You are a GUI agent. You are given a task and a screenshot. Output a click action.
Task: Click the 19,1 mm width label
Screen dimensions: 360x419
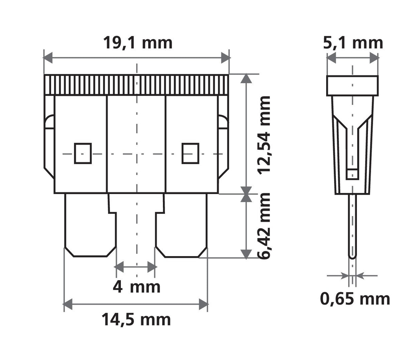click(137, 43)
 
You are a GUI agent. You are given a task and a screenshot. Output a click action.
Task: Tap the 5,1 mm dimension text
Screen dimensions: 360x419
click(353, 43)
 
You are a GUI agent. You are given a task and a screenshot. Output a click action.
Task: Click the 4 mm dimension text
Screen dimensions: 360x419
click(137, 287)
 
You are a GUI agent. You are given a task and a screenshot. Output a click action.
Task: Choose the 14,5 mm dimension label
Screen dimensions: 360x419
click(136, 320)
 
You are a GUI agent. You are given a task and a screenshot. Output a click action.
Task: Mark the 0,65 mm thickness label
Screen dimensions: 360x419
click(355, 299)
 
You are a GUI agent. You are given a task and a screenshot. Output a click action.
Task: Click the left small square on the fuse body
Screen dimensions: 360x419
click(83, 153)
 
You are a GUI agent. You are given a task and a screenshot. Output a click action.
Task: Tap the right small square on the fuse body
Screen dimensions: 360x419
click(190, 153)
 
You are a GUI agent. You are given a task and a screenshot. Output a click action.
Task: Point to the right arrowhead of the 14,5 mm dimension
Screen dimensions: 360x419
click(204, 304)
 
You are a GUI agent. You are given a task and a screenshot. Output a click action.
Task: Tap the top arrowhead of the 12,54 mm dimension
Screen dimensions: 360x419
click(246, 78)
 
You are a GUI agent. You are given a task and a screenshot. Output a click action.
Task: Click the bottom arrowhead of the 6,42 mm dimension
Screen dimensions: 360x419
click(246, 254)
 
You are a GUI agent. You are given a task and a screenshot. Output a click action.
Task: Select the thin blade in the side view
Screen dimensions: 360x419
click(352, 226)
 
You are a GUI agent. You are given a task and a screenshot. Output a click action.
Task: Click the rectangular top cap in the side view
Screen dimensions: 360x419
click(352, 86)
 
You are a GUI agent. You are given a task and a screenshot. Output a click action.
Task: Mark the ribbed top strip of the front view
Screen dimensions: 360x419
click(136, 85)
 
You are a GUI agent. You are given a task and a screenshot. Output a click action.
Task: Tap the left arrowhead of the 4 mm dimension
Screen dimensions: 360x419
click(119, 266)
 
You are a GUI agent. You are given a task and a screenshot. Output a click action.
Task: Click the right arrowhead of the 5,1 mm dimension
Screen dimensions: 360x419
click(374, 58)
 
